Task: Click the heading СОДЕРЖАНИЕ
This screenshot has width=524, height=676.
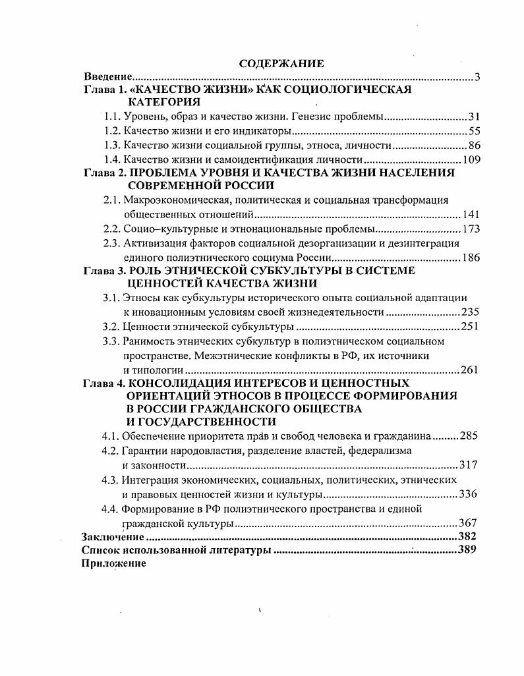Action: [x=281, y=64]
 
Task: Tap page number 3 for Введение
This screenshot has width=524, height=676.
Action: [x=477, y=77]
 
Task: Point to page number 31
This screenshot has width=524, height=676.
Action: [x=474, y=117]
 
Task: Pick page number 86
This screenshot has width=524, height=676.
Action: [x=474, y=145]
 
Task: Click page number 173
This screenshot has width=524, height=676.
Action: [x=471, y=229]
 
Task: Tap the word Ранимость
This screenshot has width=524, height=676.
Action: [x=147, y=341]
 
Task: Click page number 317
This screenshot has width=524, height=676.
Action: [x=468, y=465]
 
